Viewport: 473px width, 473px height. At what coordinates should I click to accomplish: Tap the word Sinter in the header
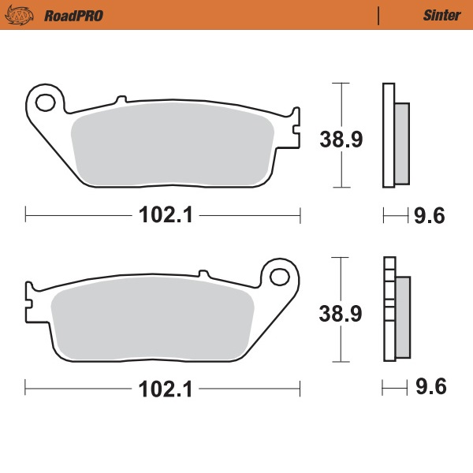tap(441, 15)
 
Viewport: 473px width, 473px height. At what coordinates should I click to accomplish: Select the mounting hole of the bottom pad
tap(280, 276)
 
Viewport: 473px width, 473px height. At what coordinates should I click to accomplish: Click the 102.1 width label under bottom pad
tap(163, 389)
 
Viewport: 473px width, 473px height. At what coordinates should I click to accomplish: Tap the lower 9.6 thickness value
tap(430, 389)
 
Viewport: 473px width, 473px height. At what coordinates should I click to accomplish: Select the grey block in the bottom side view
tap(402, 315)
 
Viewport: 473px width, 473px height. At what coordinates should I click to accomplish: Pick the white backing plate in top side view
tap(388, 135)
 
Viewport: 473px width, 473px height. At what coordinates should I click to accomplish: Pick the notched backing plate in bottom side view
tap(388, 309)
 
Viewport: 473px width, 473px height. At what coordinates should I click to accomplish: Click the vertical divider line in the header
tap(380, 15)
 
